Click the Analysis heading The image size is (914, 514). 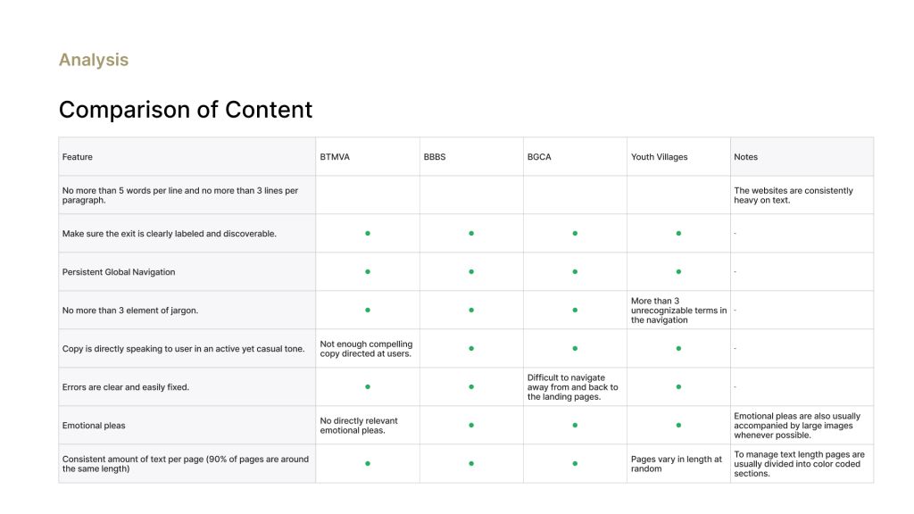93,60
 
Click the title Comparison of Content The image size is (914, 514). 186,110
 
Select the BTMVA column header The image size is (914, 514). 335,157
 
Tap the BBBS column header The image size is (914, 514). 435,157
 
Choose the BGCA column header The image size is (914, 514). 539,157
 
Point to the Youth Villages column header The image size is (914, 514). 660,157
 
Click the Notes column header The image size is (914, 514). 745,157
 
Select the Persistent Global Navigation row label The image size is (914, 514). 119,272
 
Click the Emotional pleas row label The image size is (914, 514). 94,426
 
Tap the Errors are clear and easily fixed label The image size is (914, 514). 125,387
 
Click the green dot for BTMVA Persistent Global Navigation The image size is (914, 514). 368,271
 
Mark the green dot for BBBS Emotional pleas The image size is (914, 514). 471,426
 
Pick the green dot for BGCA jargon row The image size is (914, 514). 576,310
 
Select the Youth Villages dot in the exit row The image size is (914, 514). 678,233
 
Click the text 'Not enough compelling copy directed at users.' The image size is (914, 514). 366,349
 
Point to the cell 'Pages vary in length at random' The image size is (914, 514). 677,464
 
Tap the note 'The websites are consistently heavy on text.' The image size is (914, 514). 794,195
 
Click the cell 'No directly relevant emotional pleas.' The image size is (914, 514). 359,426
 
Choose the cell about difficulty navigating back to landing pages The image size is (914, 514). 573,387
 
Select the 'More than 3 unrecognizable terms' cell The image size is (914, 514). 679,310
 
